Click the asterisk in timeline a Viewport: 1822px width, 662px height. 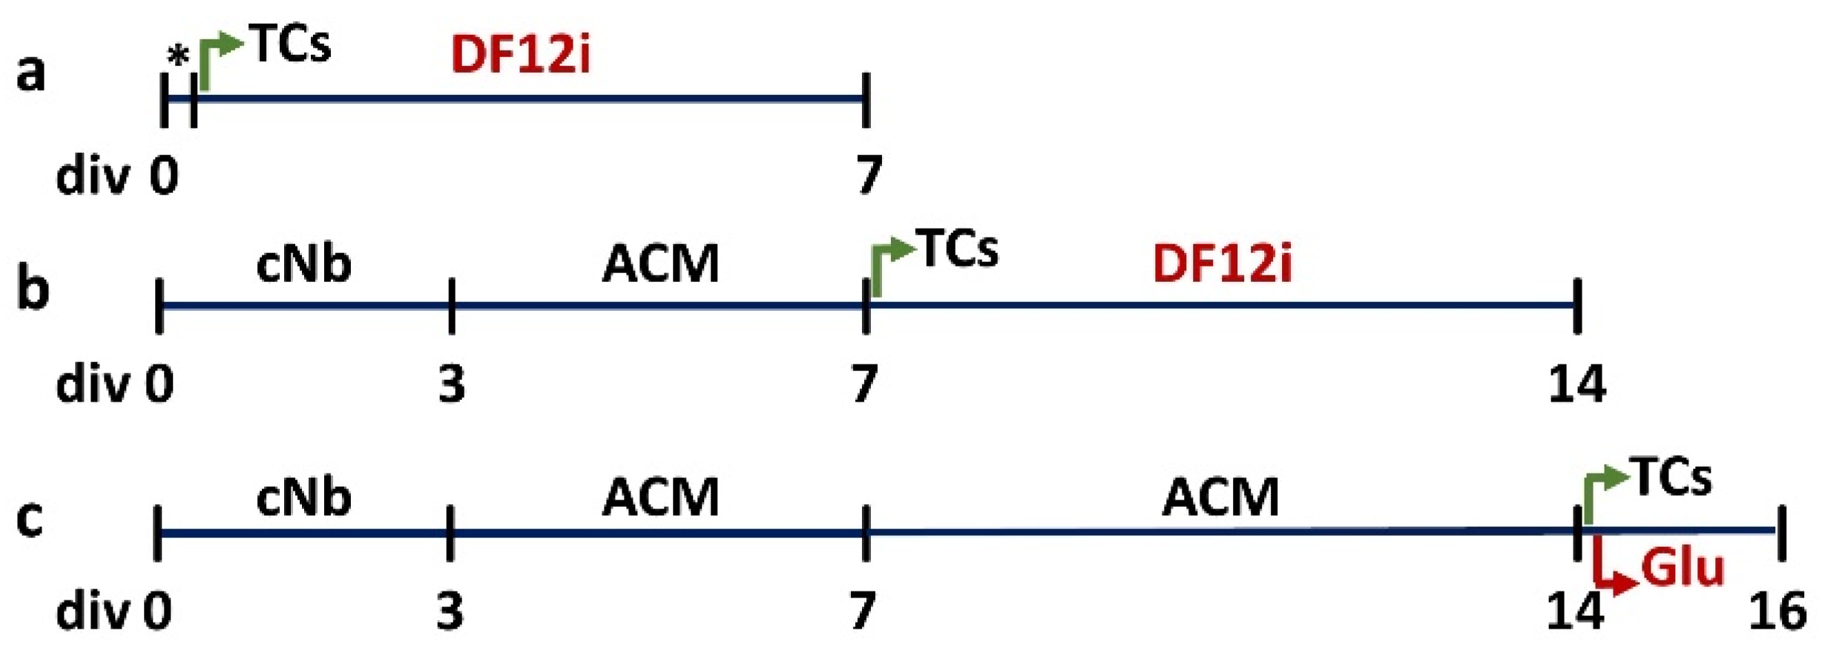[x=178, y=56]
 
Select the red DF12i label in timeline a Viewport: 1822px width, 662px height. [x=521, y=55]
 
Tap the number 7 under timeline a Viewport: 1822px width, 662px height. [x=869, y=175]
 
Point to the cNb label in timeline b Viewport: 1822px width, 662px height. [x=303, y=264]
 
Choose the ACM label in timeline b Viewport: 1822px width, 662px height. [x=660, y=264]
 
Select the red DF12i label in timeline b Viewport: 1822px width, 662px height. [x=1222, y=264]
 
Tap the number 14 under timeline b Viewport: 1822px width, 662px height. [x=1576, y=384]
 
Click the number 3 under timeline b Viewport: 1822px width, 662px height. [x=452, y=384]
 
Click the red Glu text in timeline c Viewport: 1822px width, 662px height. [x=1683, y=568]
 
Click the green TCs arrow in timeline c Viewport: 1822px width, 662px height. [x=1602, y=493]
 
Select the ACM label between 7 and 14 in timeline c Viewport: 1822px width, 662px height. [x=1220, y=497]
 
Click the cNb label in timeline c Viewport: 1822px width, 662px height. [x=303, y=497]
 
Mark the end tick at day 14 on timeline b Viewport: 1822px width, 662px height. [x=1577, y=306]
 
